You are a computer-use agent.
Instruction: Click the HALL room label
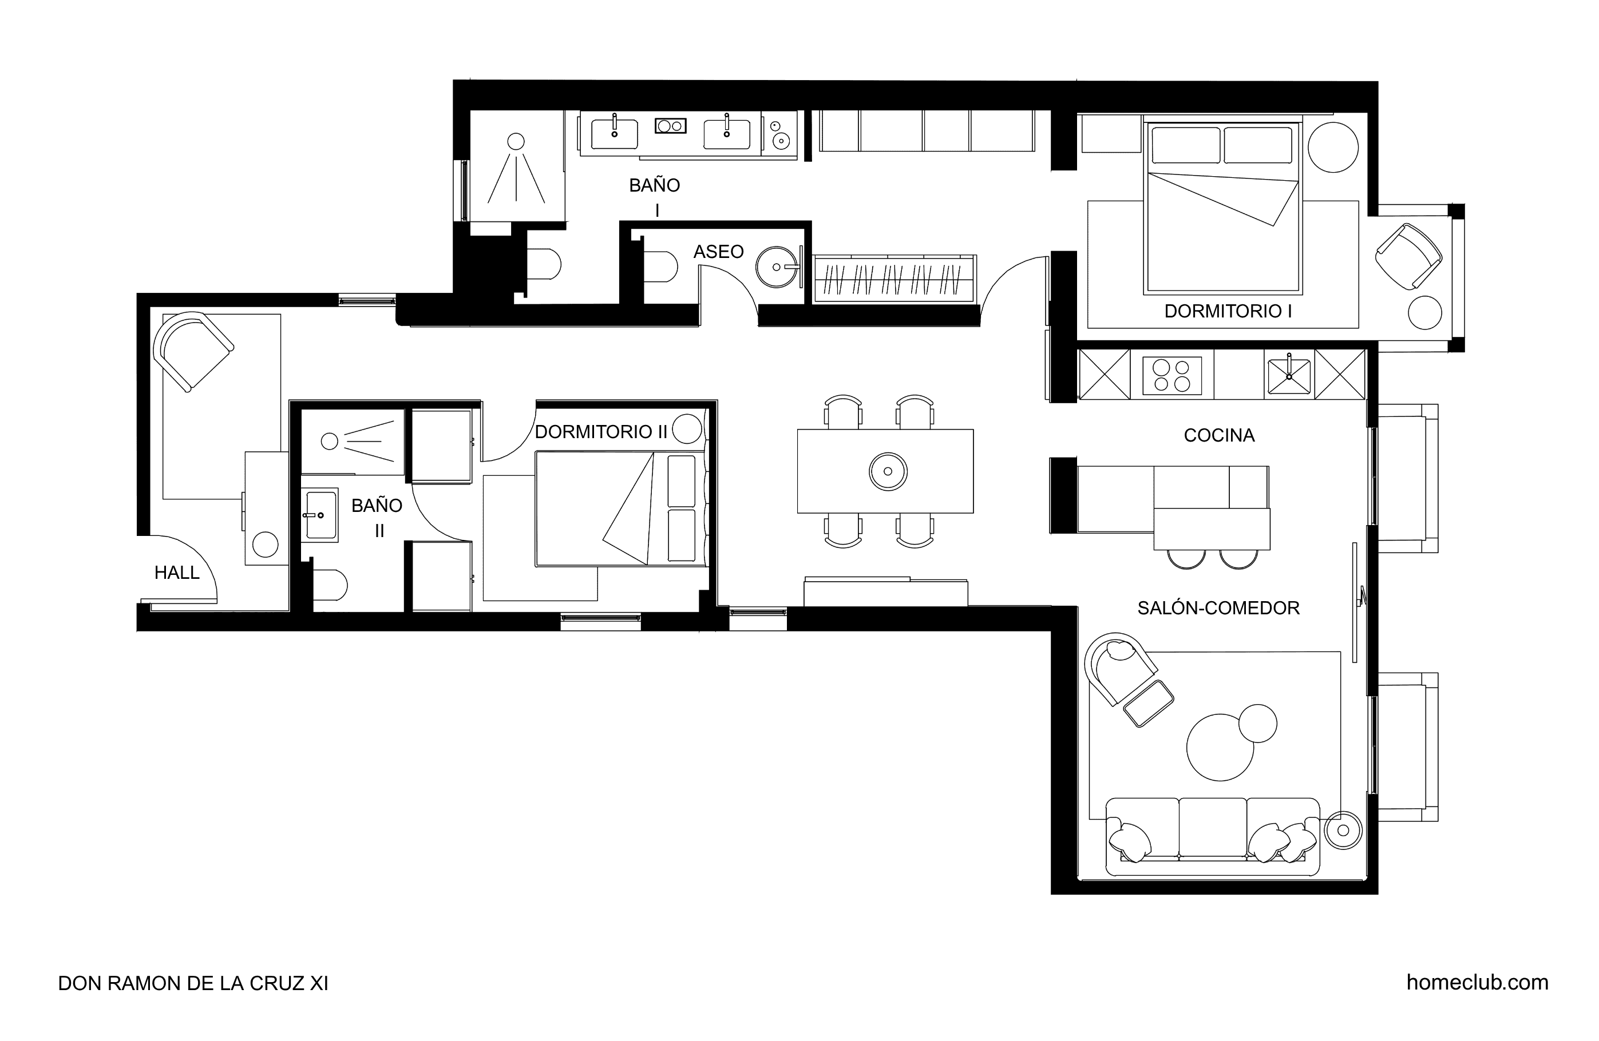pos(177,573)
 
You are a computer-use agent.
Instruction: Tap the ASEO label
pos(718,252)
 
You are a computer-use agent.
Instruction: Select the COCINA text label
pos(1219,436)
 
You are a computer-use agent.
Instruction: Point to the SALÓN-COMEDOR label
pos(1218,609)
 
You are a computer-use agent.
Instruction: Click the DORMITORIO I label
pos(1228,312)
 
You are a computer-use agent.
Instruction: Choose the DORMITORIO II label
pos(601,432)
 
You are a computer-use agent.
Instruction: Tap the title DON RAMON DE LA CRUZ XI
pos(193,983)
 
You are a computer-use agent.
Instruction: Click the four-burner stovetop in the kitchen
pos(1171,375)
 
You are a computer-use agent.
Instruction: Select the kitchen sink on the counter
pos(1289,375)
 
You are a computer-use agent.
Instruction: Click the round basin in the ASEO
pos(777,267)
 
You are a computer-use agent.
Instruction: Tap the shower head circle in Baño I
pos(515,141)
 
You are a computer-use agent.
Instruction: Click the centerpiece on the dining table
pos(888,471)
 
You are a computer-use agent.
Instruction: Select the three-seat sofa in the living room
pos(1212,837)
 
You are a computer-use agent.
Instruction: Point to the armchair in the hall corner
pos(193,351)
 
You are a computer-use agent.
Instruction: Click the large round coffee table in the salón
pos(1220,748)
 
